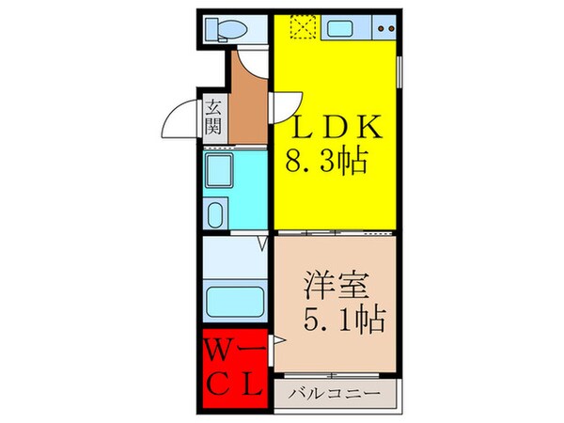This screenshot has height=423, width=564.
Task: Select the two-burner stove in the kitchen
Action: pyautogui.click(x=384, y=29)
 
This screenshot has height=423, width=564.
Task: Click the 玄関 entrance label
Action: pyautogui.click(x=213, y=116)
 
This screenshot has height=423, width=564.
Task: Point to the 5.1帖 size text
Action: pyautogui.click(x=344, y=320)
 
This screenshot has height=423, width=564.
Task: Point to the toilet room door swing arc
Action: pyautogui.click(x=252, y=62)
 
